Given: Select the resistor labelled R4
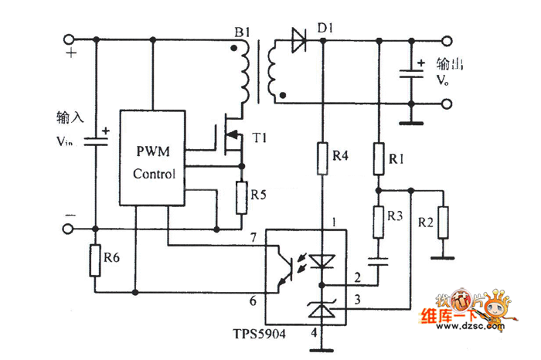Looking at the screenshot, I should [x=322, y=158].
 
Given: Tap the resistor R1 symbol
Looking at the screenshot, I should [x=378, y=159].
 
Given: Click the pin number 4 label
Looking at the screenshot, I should [x=312, y=333].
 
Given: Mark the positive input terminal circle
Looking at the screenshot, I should [x=69, y=40].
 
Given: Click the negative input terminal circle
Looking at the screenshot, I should [x=69, y=229].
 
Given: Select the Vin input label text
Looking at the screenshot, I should [x=68, y=143].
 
